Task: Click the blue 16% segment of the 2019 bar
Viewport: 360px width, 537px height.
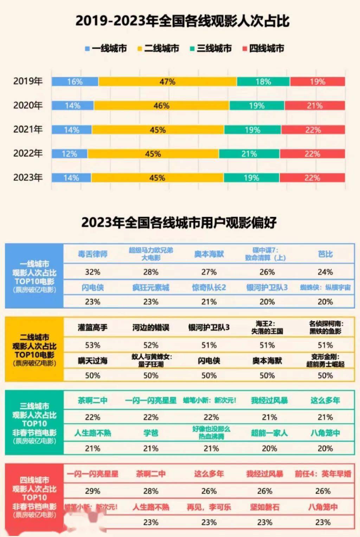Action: coord(75,82)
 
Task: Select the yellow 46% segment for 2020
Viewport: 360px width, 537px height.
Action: coord(161,105)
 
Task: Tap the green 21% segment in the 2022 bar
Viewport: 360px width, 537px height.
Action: coord(249,154)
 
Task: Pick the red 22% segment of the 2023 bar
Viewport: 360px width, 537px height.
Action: coord(312,177)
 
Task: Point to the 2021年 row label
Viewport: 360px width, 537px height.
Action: coord(28,129)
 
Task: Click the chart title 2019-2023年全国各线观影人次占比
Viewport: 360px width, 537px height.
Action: coord(182,21)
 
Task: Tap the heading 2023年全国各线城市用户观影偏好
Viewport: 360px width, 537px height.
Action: coord(179,222)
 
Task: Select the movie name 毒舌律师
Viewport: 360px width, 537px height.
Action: coord(92,254)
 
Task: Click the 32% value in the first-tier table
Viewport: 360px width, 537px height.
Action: coord(92,272)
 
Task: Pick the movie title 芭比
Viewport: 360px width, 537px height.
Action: coord(325,254)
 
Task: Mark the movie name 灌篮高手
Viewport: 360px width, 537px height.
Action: coord(92,328)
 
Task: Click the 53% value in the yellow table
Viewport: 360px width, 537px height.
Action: coord(92,345)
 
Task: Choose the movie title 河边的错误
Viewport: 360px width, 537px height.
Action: coord(151,328)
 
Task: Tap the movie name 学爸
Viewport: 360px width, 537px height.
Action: coord(151,433)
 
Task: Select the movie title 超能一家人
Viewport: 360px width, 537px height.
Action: coord(269,433)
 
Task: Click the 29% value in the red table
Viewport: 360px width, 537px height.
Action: coord(92,491)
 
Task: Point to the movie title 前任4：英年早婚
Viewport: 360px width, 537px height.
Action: coord(323,474)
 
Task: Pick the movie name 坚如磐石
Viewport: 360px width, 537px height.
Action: coord(265,507)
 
